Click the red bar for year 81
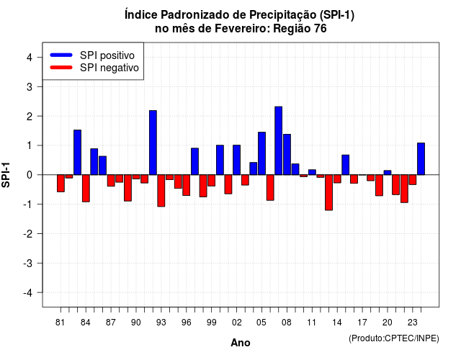(x=61, y=184)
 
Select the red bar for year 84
(x=86, y=189)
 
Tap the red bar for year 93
(x=161, y=191)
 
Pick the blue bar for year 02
(x=237, y=160)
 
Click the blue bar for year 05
(x=261, y=153)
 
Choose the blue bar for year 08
(x=287, y=155)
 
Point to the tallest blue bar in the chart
(x=279, y=141)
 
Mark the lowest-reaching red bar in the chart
(x=328, y=192)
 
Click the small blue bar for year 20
(x=388, y=173)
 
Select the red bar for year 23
(x=413, y=180)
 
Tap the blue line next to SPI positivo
(x=61, y=55)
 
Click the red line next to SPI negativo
(x=61, y=68)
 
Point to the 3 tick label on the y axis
(x=30, y=86)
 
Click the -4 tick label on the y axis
(x=28, y=293)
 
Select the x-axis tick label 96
(x=186, y=323)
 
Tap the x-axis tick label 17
(x=362, y=323)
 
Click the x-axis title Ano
(x=241, y=343)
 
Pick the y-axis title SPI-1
(x=6, y=175)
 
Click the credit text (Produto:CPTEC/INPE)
(x=394, y=338)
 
